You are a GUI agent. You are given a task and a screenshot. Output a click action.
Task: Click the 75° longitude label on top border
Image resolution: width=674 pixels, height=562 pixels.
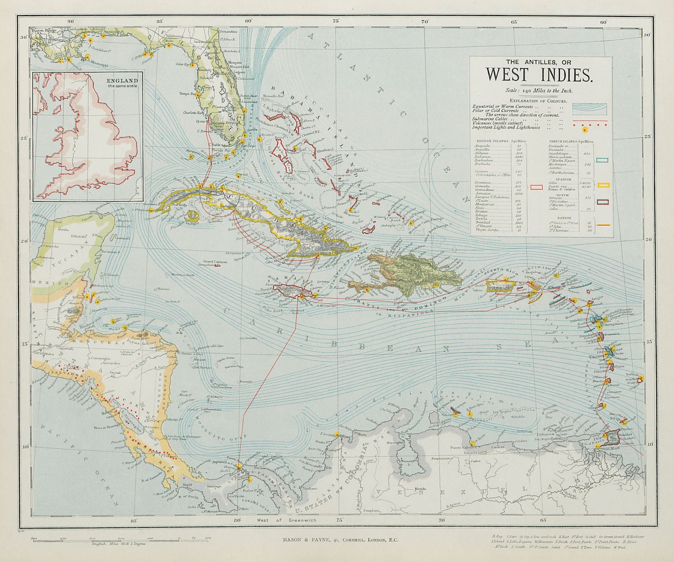click(336, 21)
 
